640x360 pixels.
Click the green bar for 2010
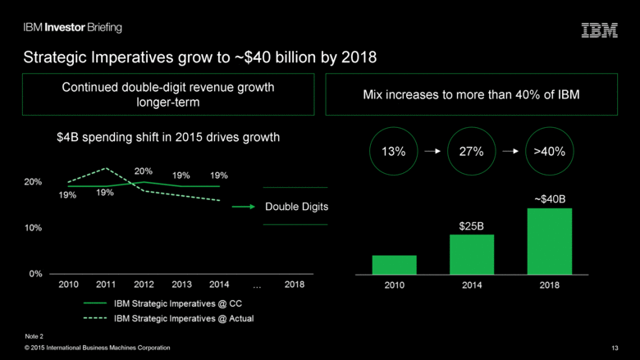tap(394, 265)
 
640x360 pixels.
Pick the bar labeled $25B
tap(472, 254)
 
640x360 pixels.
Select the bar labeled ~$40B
tap(549, 241)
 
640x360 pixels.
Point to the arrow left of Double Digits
tap(244, 207)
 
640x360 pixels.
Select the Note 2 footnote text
tap(34, 336)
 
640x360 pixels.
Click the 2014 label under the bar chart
tap(472, 286)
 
